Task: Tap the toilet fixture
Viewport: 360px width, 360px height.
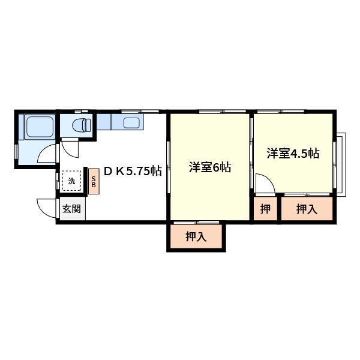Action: click(x=81, y=125)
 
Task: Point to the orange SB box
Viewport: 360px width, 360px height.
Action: click(x=94, y=181)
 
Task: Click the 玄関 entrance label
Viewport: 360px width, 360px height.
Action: click(x=71, y=209)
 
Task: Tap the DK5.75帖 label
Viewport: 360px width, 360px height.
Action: click(x=133, y=170)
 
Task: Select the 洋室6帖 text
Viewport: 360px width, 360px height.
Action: click(x=209, y=167)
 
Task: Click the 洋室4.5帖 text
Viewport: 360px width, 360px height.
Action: click(x=292, y=153)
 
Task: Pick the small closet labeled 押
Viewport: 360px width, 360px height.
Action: click(x=265, y=209)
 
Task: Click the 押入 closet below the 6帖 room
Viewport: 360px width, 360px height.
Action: click(x=196, y=236)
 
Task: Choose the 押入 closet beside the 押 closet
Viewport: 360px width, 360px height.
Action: click(x=306, y=209)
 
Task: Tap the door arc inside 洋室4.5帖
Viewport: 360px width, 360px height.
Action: click(x=264, y=182)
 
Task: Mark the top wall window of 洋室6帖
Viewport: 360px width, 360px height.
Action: click(x=223, y=112)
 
